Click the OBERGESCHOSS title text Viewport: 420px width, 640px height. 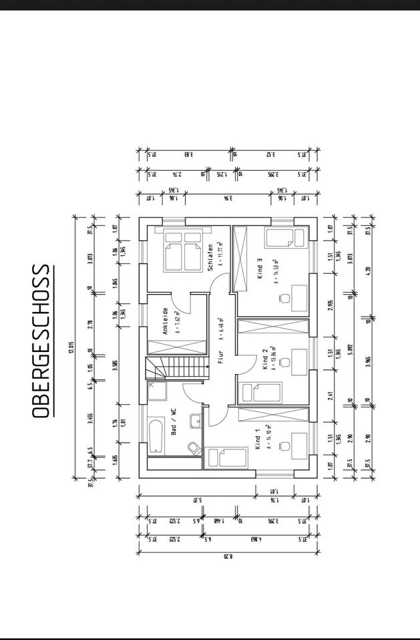(41, 341)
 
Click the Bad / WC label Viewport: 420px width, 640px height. (174, 423)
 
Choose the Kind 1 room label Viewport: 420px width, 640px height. (257, 439)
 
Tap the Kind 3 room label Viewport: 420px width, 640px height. (259, 269)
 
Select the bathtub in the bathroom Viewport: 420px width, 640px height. (156, 435)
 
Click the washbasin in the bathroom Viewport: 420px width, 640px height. (194, 421)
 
